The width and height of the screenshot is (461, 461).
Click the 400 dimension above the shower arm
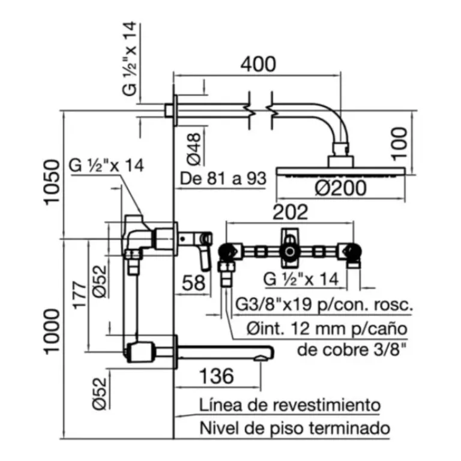point(259,63)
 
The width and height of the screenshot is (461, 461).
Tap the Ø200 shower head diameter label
point(339,188)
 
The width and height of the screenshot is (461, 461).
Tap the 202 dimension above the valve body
point(291,211)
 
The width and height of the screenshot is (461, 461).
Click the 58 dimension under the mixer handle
point(193,283)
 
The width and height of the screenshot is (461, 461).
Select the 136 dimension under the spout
point(216,376)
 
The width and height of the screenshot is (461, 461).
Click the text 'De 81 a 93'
point(222,179)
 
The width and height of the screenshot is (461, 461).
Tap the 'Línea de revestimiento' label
point(290,405)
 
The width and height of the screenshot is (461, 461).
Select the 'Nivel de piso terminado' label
point(295,429)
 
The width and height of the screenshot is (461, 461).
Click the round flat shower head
point(340,172)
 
